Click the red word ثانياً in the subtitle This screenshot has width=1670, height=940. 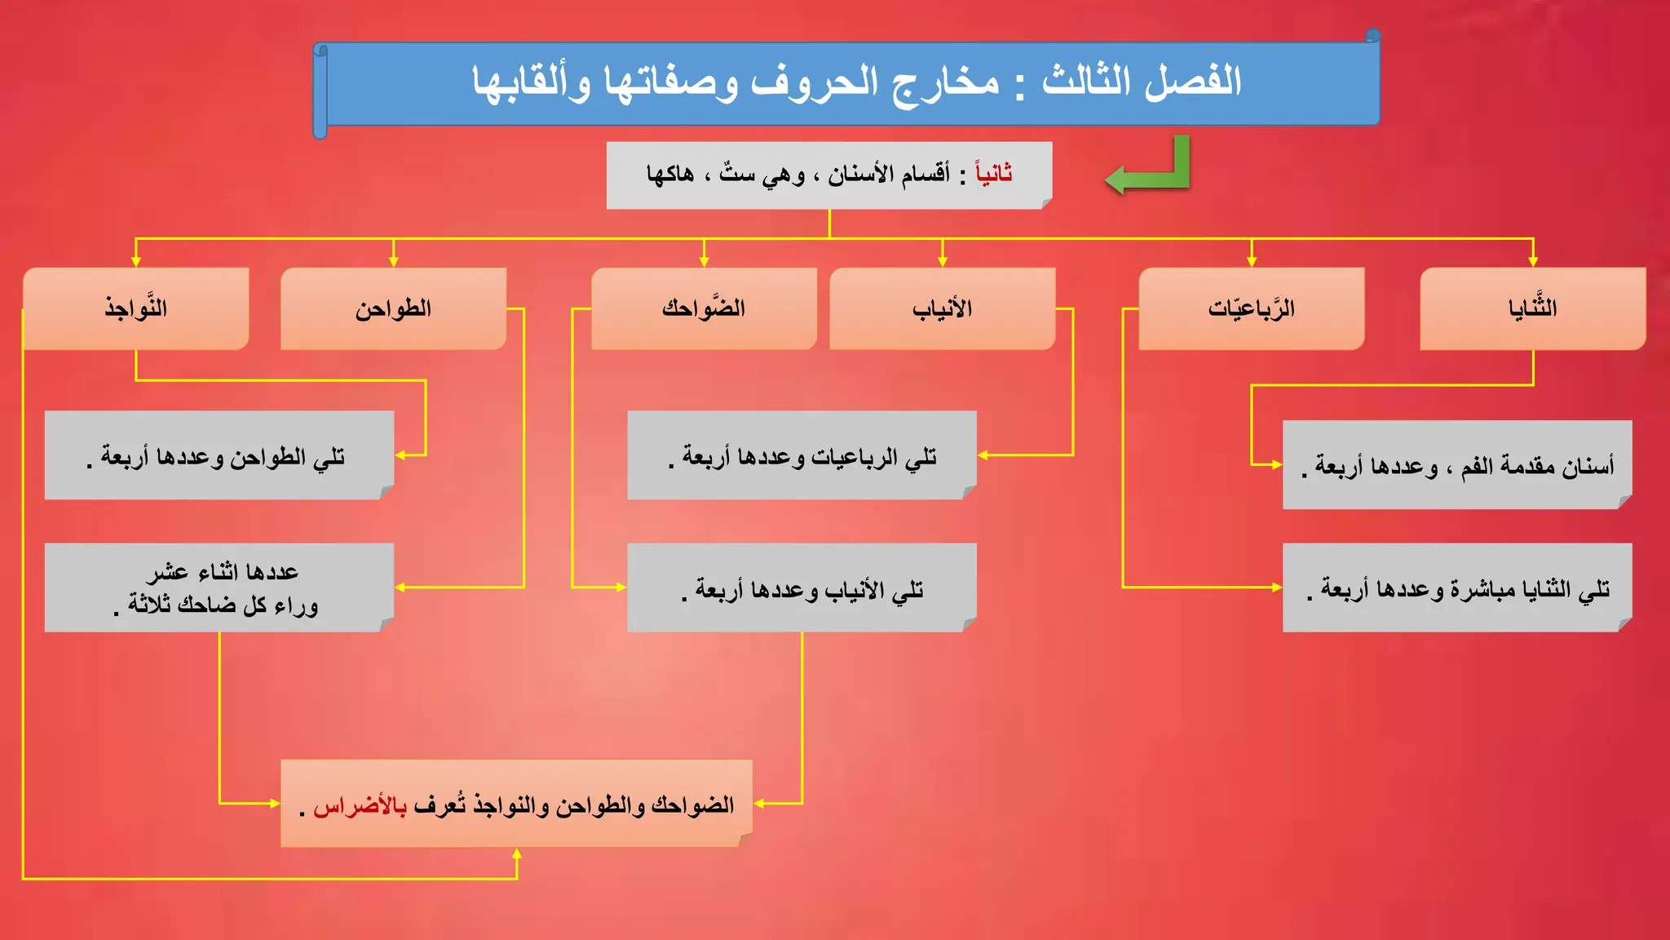[x=994, y=173]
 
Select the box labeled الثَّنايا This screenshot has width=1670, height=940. [x=1532, y=308]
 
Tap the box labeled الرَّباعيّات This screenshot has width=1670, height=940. [x=1251, y=308]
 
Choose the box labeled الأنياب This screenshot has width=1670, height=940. [x=942, y=308]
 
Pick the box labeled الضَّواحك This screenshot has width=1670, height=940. [x=704, y=308]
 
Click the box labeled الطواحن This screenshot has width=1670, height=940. [x=393, y=308]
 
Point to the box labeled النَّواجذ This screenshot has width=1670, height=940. [x=135, y=308]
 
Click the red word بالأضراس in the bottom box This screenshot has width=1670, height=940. [x=360, y=806]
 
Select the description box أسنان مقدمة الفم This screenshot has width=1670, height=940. [x=1457, y=465]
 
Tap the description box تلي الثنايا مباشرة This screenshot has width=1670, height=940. [x=1457, y=587]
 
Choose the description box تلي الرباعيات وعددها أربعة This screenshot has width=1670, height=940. [x=802, y=455]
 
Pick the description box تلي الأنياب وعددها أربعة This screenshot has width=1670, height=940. [x=802, y=587]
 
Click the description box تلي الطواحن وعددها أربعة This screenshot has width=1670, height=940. [x=219, y=455]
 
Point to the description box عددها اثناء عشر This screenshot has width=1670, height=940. [x=219, y=587]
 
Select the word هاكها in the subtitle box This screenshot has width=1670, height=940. [x=670, y=174]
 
